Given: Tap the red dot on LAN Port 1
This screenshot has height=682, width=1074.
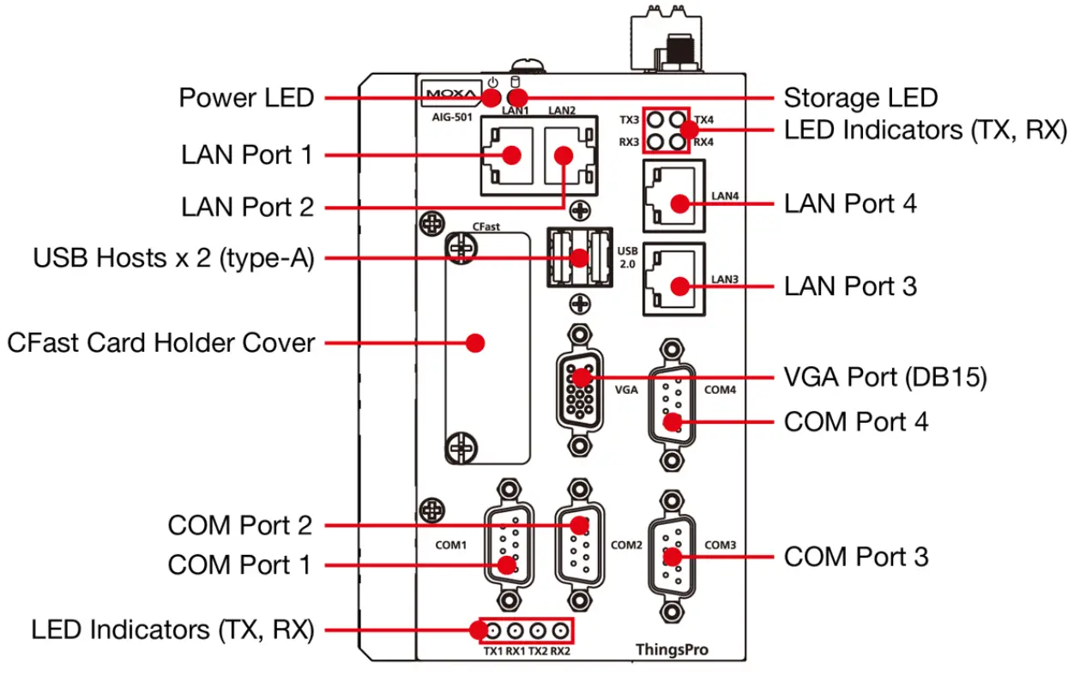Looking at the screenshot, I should pyautogui.click(x=512, y=155).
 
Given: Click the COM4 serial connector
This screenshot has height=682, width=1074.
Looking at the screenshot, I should pyautogui.click(x=673, y=403).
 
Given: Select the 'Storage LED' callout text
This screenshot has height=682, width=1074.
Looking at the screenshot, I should pyautogui.click(x=860, y=98).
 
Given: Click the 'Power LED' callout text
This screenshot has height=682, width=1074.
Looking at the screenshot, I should pyautogui.click(x=246, y=98).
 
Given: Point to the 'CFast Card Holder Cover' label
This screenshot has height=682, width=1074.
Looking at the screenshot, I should pyautogui.click(x=160, y=343).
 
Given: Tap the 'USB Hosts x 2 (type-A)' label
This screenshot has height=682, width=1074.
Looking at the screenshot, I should pyautogui.click(x=173, y=257).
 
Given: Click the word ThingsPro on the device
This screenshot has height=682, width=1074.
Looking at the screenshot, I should pyautogui.click(x=672, y=649).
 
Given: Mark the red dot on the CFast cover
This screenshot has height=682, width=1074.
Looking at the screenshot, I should pyautogui.click(x=474, y=343).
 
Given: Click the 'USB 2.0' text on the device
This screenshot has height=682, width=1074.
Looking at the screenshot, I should pyautogui.click(x=627, y=257).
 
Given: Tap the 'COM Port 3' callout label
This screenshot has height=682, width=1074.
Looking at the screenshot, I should pyautogui.click(x=855, y=557).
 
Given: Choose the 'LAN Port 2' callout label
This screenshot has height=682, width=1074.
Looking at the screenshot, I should pyautogui.click(x=247, y=207).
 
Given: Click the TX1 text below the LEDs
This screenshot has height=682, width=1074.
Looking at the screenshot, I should pyautogui.click(x=492, y=651).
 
